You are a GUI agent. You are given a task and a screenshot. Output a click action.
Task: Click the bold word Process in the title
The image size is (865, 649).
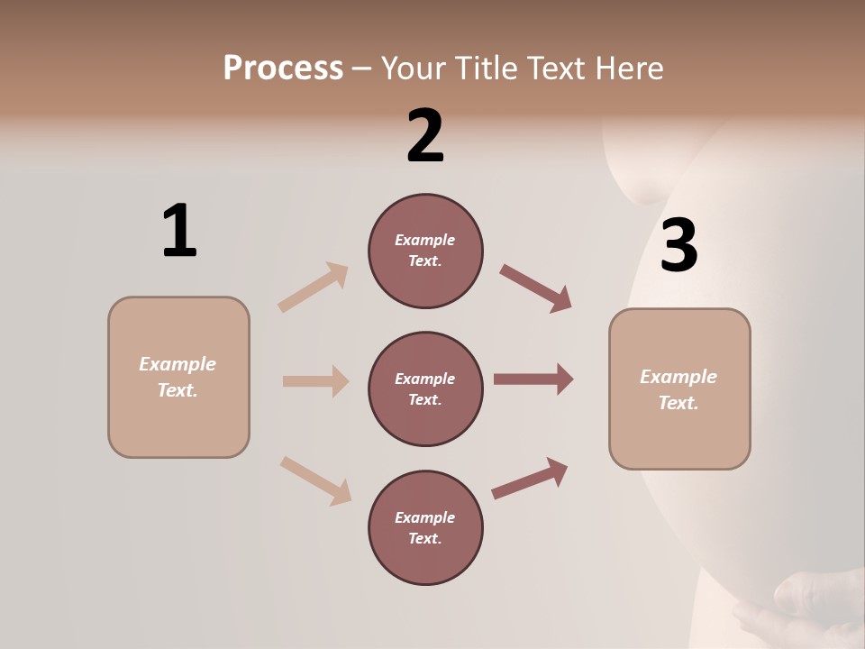point(283,69)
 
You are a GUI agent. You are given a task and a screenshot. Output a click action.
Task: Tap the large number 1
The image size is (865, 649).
point(179,232)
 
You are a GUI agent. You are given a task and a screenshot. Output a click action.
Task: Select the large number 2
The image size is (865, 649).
point(425,137)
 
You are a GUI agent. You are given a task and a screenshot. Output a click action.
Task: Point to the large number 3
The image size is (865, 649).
point(678,246)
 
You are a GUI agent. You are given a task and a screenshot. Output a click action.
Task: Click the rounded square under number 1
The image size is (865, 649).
point(178,377)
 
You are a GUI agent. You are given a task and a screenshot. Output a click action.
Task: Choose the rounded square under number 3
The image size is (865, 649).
point(679,389)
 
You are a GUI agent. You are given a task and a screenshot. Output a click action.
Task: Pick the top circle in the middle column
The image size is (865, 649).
point(425,251)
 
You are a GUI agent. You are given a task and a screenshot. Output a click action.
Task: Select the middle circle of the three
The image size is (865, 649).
point(425,389)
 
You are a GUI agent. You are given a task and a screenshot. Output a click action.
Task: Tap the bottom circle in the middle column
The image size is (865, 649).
point(425,528)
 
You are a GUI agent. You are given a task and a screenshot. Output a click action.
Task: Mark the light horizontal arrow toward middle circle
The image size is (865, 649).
point(315,381)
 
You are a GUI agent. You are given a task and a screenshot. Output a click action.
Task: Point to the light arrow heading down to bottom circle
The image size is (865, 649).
point(316,480)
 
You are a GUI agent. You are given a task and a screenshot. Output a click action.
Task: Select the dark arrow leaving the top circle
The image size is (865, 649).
point(536,288)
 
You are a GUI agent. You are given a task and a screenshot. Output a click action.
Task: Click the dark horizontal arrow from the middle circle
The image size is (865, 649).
point(533,379)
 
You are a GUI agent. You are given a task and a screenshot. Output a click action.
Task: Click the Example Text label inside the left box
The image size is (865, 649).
point(178,377)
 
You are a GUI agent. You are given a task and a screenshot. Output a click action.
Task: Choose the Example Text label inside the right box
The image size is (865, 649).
point(679,389)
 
